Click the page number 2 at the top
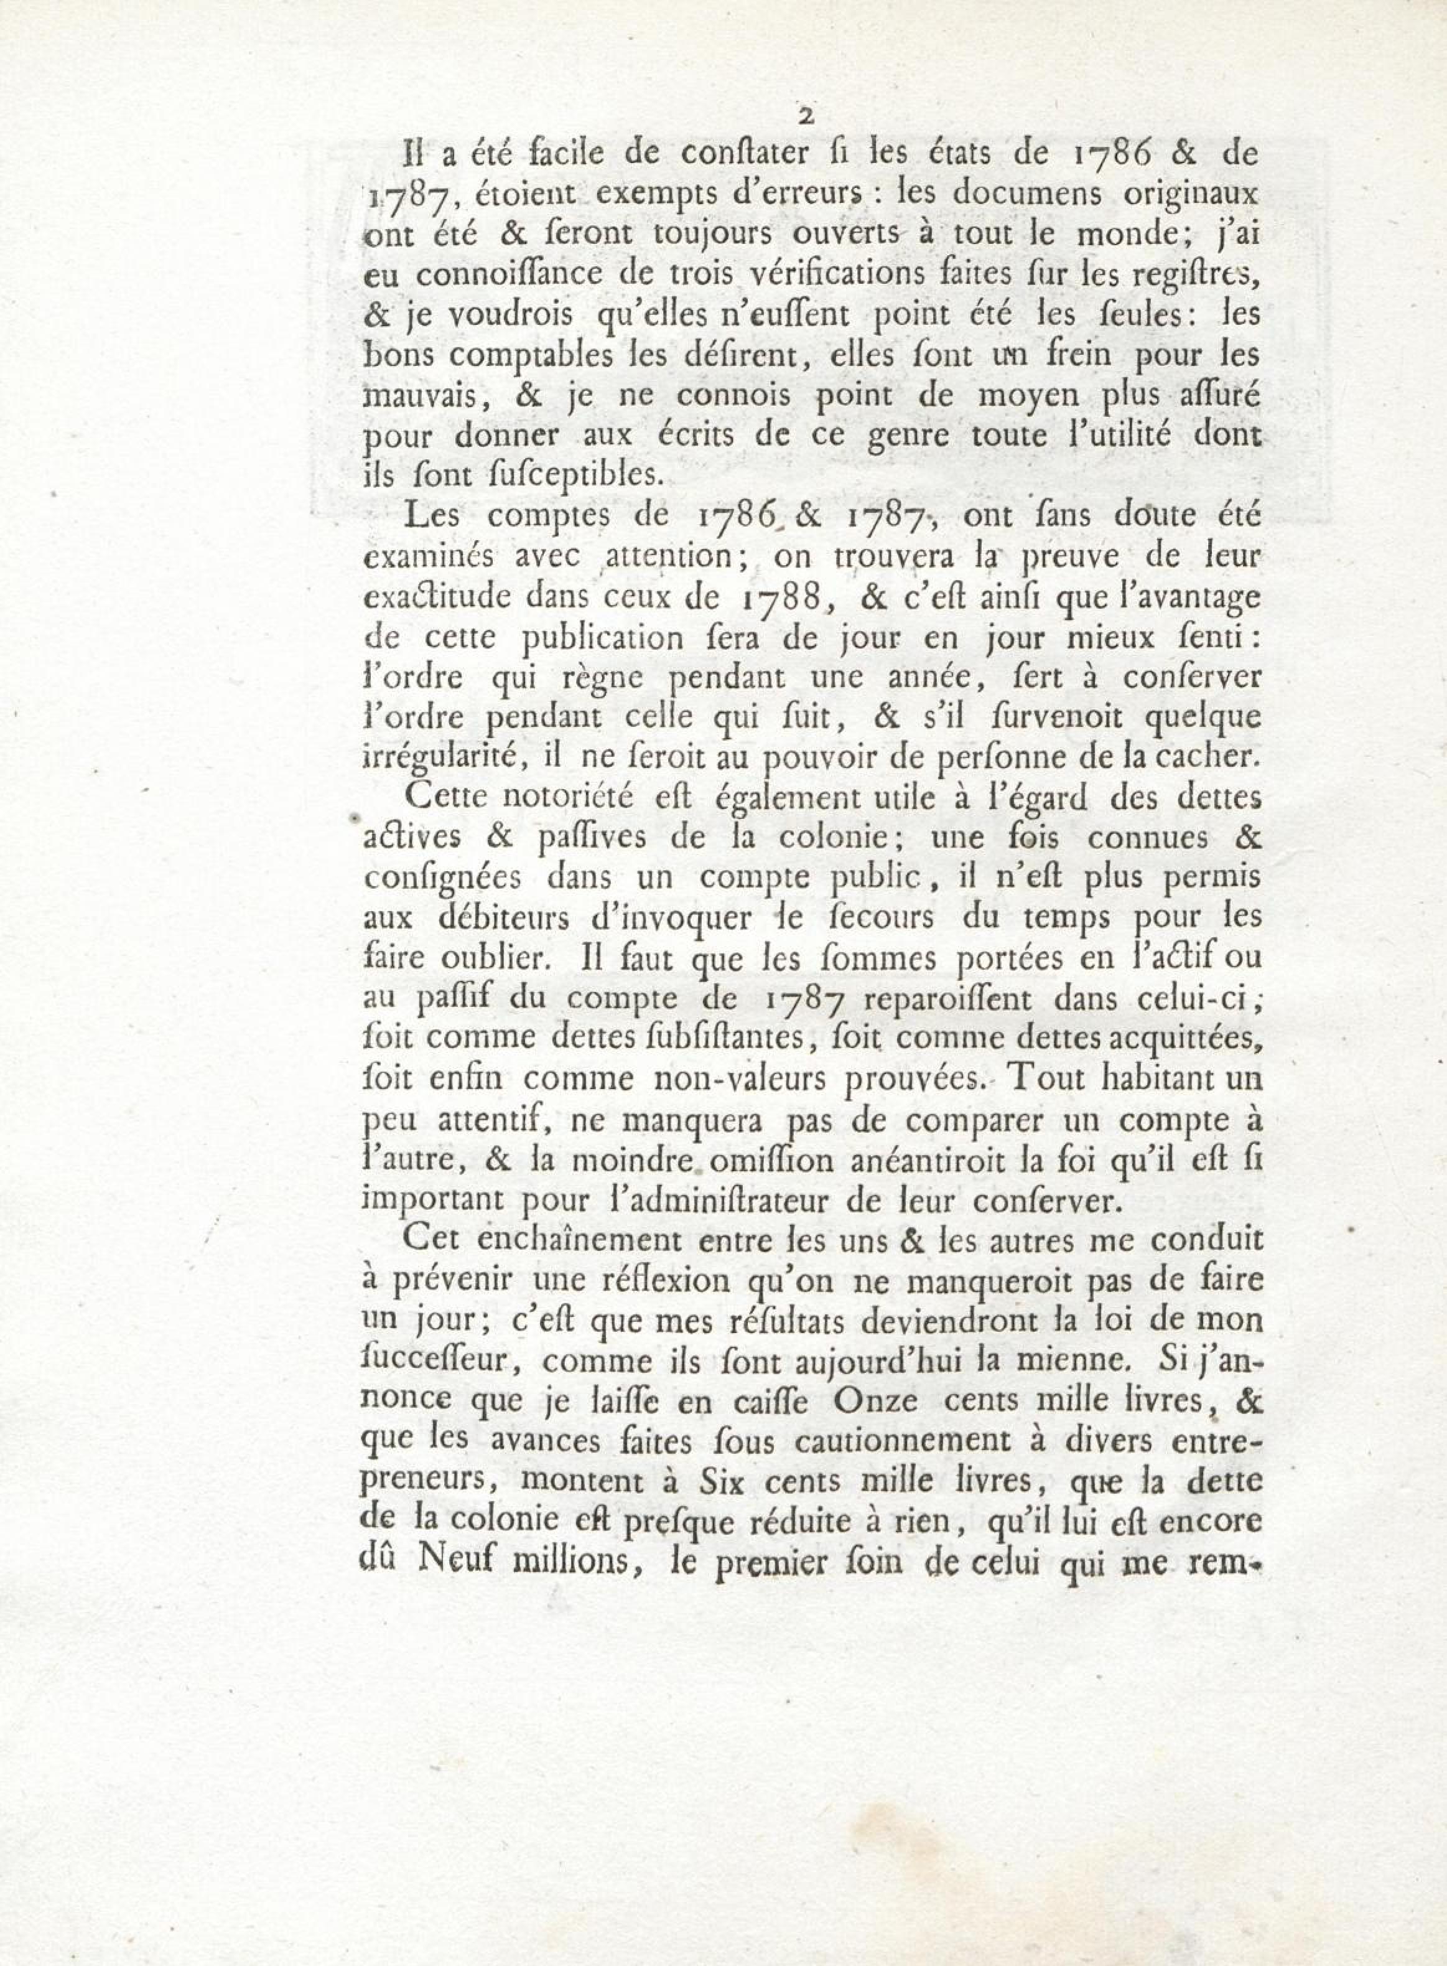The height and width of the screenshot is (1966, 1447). pyautogui.click(x=806, y=115)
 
